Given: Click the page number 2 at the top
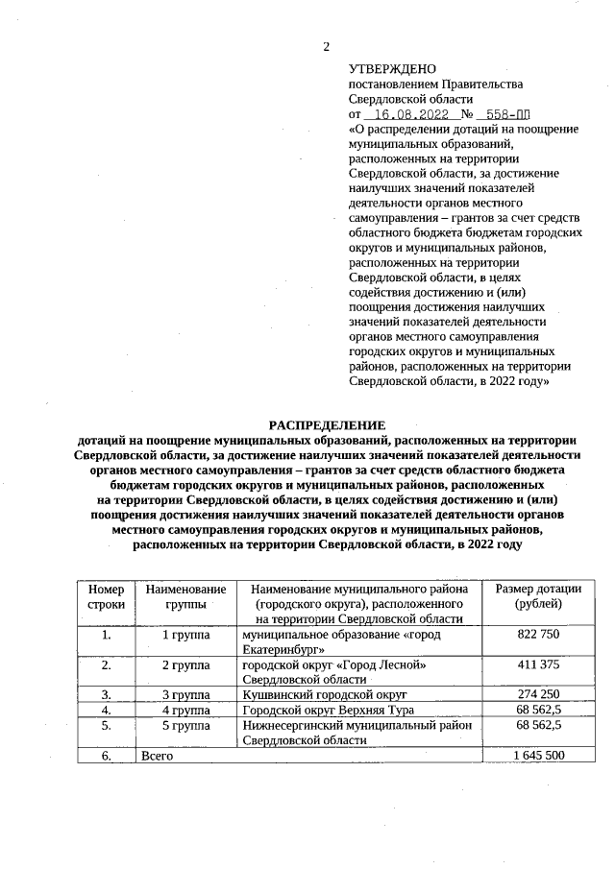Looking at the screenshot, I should coord(326,46).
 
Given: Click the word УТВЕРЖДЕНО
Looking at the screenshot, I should coord(391,69).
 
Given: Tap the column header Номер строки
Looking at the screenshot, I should coord(106,597).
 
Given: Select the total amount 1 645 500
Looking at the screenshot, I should coord(539,756).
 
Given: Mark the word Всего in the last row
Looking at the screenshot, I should coord(157,756).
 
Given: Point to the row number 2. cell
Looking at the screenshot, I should coord(106,665).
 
